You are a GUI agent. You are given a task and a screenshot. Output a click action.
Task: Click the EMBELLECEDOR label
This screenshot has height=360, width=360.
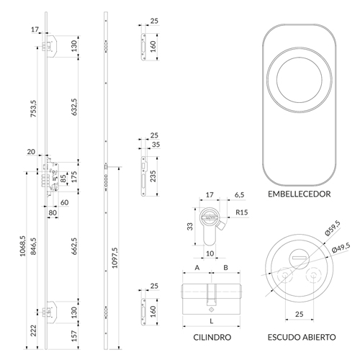[299, 194]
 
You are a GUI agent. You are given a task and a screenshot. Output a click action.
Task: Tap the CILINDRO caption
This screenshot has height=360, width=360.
[212, 337]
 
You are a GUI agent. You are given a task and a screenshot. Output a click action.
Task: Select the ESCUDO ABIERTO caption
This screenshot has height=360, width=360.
[302, 337]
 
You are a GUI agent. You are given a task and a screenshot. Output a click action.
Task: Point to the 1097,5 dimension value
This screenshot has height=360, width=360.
[115, 258]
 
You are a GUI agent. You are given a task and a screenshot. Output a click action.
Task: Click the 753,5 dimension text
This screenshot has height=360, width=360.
[33, 109]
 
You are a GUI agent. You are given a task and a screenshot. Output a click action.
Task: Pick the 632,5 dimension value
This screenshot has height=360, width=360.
[74, 107]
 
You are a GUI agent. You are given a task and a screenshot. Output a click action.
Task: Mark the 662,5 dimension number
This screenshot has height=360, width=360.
[74, 246]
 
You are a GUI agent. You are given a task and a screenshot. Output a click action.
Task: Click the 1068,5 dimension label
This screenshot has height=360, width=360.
[22, 246]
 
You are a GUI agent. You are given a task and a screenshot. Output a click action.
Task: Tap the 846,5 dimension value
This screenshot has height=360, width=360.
[33, 246]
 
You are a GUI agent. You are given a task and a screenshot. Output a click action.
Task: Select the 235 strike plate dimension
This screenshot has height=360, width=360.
[153, 176]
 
